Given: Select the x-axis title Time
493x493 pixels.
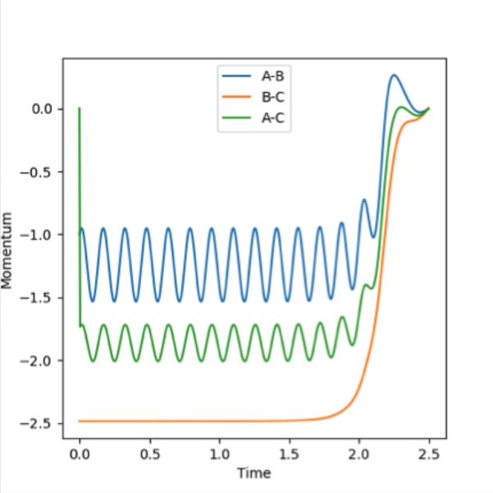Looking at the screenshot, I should point(253,472).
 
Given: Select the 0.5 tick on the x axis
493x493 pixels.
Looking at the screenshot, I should point(149,454).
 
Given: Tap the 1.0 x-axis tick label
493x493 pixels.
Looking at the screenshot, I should point(219,454).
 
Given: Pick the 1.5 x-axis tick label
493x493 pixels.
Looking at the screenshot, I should point(289,454).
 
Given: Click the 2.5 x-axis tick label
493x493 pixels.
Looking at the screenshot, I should point(428,454).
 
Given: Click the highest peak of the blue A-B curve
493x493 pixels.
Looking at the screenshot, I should point(395,76).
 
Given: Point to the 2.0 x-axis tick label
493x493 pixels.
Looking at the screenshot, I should point(358,454).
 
